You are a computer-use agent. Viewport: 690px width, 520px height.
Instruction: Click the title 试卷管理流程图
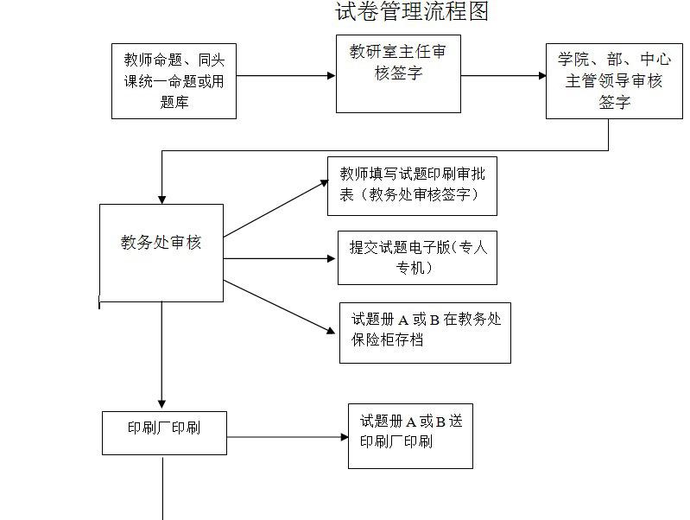tap(412, 12)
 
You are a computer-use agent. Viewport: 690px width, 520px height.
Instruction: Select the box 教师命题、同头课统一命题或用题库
tap(174, 81)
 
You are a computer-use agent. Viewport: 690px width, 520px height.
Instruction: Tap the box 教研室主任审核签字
tap(398, 73)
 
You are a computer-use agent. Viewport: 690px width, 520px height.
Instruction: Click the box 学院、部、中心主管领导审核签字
tap(613, 81)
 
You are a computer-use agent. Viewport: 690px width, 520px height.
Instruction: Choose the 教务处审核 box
tap(161, 252)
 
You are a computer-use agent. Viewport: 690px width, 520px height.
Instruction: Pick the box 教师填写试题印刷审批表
tap(412, 185)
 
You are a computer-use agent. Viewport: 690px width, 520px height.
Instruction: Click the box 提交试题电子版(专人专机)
tap(417, 257)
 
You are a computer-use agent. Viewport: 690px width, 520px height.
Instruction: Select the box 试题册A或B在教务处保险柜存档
tap(425, 332)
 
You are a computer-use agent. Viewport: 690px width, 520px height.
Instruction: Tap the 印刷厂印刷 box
tap(164, 432)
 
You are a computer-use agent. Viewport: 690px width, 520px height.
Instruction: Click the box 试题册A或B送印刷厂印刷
tap(410, 436)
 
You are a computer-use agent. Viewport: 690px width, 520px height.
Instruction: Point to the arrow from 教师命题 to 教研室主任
tap(285, 76)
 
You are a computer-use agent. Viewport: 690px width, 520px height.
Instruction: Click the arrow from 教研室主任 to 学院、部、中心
tap(503, 76)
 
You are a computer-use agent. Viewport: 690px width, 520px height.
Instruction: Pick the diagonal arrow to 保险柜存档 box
tap(279, 307)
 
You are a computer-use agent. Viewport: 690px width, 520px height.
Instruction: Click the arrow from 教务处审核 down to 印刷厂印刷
tap(161, 354)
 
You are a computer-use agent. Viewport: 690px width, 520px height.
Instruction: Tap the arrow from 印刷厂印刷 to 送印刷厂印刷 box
tap(287, 437)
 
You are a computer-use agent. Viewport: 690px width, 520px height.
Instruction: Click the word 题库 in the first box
tap(174, 102)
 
